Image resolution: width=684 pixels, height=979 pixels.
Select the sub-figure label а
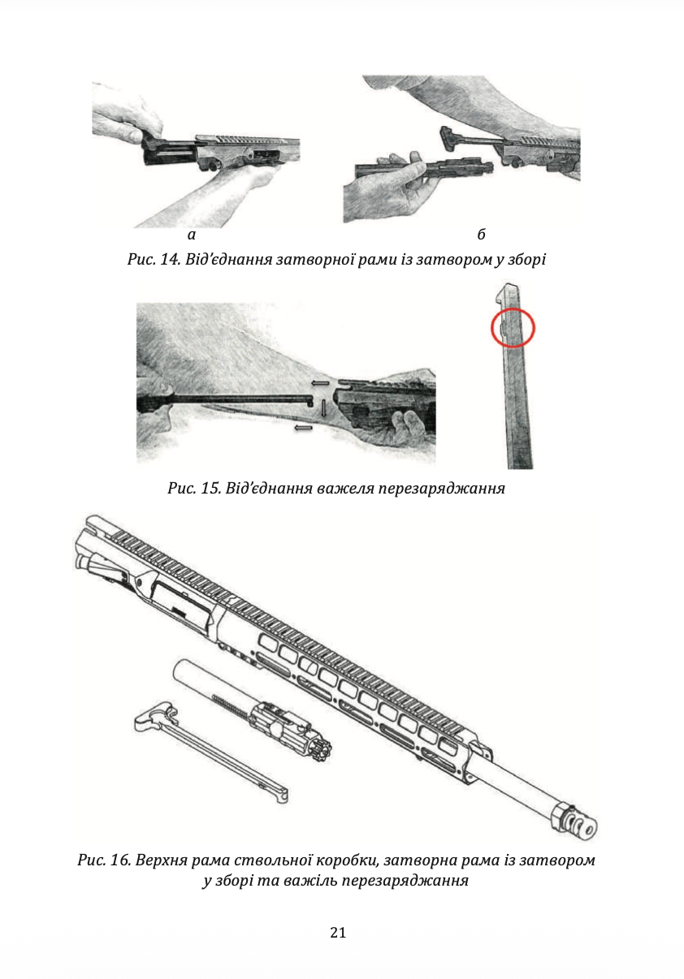click(x=192, y=235)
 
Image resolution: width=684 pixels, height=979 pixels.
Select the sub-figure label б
click(x=481, y=235)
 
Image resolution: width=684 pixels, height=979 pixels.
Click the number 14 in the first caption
click(x=169, y=260)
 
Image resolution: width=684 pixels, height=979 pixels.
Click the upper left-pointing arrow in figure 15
click(x=320, y=383)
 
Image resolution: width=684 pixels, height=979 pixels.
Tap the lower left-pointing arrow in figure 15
click(x=304, y=427)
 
